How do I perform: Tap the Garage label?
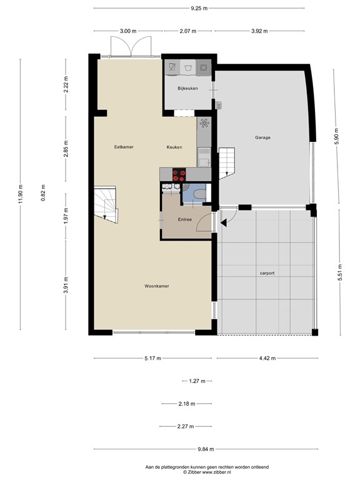coord(262,137)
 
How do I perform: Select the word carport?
coord(267,273)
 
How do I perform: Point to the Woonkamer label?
coord(157,286)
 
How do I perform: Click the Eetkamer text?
coord(124,147)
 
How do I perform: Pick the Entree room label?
coord(185,219)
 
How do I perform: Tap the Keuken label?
coord(174,147)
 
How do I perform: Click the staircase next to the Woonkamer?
coord(105,204)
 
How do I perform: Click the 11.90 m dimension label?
coord(21,193)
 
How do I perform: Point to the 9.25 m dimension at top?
coord(199,9)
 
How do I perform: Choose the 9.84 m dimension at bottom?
coord(199,449)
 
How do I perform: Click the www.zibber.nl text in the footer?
coord(213,472)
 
